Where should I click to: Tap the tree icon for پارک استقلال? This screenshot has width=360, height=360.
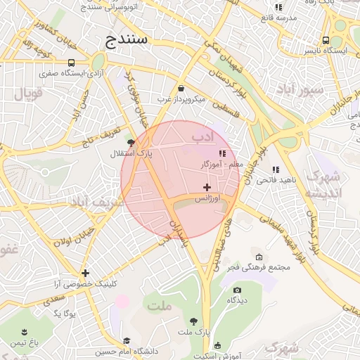(x=130, y=142)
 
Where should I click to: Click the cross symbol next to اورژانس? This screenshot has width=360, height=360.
(x=206, y=187)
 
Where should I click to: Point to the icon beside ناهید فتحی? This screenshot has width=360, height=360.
(x=276, y=169)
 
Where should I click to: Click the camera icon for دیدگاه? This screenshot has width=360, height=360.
(x=237, y=290)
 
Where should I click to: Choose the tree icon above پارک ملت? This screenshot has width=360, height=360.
(x=194, y=321)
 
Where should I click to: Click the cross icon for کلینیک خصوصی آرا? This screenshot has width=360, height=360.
(x=85, y=273)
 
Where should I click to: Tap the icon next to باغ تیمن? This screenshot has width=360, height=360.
(x=25, y=331)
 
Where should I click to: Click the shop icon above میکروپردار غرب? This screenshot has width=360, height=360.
(x=181, y=89)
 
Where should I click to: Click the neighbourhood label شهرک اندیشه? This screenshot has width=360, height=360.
(x=324, y=184)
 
